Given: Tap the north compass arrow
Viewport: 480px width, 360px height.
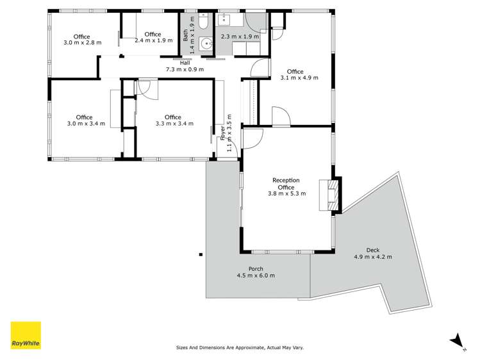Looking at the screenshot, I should click(x=456, y=341).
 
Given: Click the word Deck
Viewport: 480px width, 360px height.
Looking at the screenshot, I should click(x=372, y=250).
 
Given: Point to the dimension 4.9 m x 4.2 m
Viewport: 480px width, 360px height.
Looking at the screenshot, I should click(x=372, y=257).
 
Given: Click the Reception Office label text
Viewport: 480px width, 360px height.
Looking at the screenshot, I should click(x=286, y=184).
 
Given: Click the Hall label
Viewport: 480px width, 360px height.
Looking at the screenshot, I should click(x=185, y=63).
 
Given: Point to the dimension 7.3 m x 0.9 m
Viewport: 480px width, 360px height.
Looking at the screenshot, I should click(x=185, y=69).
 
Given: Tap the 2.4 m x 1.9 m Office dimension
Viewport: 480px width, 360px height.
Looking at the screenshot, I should click(x=153, y=40).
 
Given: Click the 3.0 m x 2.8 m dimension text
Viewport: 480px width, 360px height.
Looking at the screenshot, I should click(x=81, y=43).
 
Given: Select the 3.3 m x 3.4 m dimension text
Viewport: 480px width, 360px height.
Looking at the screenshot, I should click(x=174, y=124).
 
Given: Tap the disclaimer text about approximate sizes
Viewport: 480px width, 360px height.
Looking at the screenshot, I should click(x=240, y=347).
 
